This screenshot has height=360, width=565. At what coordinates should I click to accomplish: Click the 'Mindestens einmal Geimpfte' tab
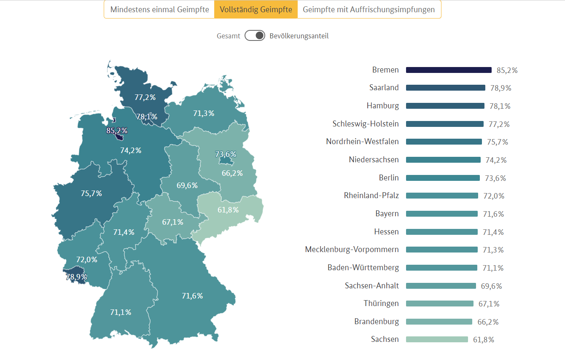[159, 10]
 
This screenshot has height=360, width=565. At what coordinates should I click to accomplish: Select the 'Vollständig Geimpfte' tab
[256, 10]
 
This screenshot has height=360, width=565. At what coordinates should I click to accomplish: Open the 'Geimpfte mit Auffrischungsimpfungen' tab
[369, 10]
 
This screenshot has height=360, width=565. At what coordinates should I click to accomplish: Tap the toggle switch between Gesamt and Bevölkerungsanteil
[255, 36]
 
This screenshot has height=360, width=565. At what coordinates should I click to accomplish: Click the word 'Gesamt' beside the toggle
[229, 36]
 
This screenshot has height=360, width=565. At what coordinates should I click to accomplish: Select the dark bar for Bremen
[449, 70]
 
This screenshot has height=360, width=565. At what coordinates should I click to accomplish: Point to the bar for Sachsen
[437, 339]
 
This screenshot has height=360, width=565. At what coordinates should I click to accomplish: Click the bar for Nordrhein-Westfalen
[444, 142]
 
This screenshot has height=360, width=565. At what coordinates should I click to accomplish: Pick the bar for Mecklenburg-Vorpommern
[441, 250]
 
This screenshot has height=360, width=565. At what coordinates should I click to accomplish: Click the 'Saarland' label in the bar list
[384, 88]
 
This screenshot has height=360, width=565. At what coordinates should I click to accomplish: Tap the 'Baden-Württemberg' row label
[363, 268]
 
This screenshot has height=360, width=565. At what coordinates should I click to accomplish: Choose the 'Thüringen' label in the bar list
[381, 304]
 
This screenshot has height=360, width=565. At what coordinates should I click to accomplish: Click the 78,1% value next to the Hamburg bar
[500, 106]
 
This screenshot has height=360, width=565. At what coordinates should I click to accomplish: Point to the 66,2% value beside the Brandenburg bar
[488, 322]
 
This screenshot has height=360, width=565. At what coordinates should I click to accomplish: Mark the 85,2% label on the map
[117, 131]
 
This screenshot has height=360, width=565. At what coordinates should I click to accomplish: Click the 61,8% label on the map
[228, 210]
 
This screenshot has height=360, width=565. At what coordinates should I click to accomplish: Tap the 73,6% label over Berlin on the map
[226, 154]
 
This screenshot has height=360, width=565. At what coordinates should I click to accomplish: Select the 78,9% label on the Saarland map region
[76, 277]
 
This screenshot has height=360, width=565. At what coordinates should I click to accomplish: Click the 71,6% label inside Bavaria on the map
[192, 296]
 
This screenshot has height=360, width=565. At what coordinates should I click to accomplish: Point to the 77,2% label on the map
[145, 97]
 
